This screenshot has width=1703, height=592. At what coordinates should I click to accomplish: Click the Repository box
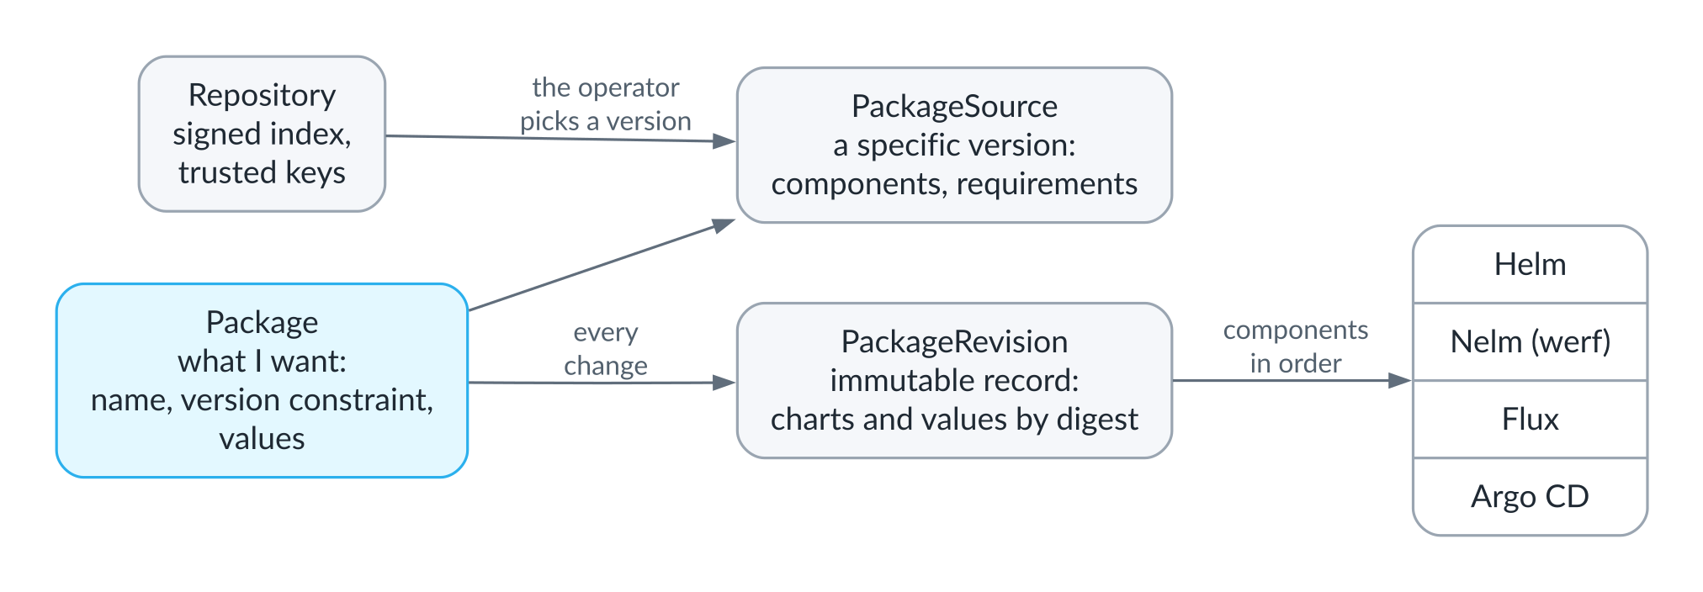(x=262, y=134)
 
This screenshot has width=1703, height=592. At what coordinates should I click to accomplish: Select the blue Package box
(x=262, y=380)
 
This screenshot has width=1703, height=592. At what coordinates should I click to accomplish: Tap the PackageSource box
(x=954, y=145)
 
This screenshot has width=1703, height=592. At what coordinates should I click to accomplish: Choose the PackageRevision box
(x=954, y=380)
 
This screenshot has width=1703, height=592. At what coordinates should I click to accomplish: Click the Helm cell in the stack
(x=1530, y=264)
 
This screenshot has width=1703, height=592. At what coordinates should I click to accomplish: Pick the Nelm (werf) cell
(x=1530, y=341)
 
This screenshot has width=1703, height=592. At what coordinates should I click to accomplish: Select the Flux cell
(x=1530, y=419)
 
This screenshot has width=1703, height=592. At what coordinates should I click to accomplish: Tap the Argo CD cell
(x=1530, y=496)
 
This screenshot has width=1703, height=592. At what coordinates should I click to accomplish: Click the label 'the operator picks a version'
(x=606, y=104)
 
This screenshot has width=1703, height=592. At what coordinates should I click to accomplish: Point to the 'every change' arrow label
(x=606, y=349)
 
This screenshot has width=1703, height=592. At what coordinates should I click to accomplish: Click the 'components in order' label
(x=1296, y=346)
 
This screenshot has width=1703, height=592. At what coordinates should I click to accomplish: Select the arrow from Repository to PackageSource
(x=560, y=139)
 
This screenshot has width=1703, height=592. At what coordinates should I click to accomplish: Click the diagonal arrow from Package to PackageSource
(x=602, y=265)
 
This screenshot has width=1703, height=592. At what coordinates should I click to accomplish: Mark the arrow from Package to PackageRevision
(x=602, y=383)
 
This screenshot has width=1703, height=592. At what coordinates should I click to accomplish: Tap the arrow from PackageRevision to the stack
(x=1292, y=380)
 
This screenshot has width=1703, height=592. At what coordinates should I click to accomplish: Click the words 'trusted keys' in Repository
(x=262, y=172)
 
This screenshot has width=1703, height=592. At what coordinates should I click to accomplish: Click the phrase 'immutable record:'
(x=954, y=380)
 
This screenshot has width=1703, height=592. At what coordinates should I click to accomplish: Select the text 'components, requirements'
(x=954, y=183)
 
